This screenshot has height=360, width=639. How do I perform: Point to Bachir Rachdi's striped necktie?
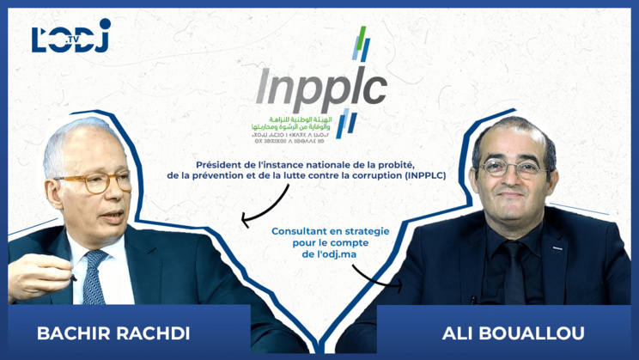[94, 279]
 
